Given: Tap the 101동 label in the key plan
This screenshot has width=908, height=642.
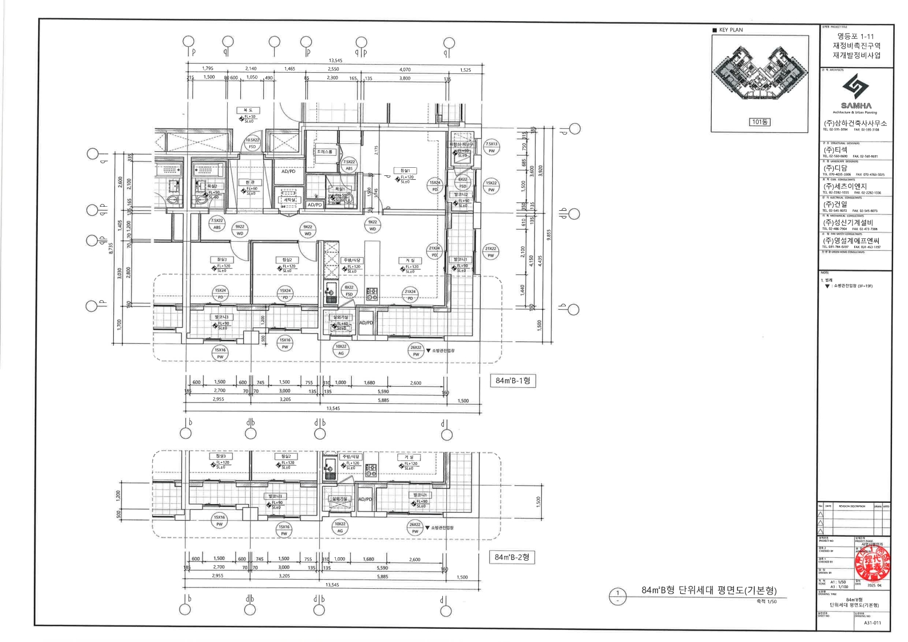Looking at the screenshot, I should tap(759, 122).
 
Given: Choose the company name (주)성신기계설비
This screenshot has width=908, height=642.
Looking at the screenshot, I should tap(848, 223).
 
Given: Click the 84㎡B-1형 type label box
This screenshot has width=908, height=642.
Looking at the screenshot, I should tap(513, 381).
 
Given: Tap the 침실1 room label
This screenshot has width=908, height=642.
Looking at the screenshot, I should tap(405, 171).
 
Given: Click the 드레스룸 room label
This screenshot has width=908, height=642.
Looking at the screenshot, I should tap(325, 152).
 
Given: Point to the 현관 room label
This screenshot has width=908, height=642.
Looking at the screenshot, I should tap(249, 183).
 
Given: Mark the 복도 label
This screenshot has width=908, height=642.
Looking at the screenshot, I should tap(248, 110).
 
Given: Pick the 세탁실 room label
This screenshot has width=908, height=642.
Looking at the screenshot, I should tap(288, 200).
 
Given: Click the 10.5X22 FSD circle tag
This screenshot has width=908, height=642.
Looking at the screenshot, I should tap(252, 143).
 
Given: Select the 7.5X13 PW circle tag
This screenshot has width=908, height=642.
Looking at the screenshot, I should tap(491, 147).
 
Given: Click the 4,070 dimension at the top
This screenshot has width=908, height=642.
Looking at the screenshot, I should tap(405, 69).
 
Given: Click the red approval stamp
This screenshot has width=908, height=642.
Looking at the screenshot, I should tap(872, 563).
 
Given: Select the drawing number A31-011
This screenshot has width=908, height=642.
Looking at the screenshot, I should tap(873, 623).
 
